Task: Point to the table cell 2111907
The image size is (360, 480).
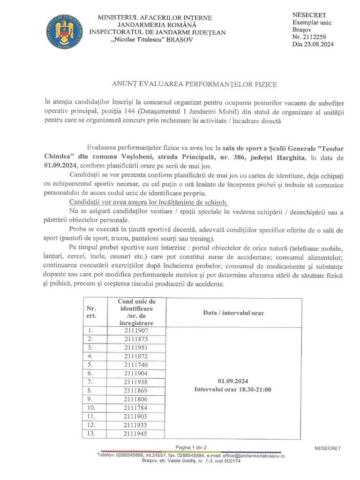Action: point(136,331)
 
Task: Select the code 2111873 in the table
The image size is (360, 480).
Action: point(136,339)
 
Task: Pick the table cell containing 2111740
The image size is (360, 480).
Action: point(136,365)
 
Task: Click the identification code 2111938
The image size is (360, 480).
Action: point(136,382)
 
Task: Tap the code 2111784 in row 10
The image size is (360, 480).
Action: point(136,408)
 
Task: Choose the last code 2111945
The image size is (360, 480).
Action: point(136,434)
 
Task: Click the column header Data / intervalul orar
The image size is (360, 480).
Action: point(233,313)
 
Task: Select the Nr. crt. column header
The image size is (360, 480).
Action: point(91,312)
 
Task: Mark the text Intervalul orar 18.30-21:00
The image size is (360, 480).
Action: point(233,390)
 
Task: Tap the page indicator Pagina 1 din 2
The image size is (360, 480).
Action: point(191,447)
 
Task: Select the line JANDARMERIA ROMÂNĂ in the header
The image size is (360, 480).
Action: point(157,25)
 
